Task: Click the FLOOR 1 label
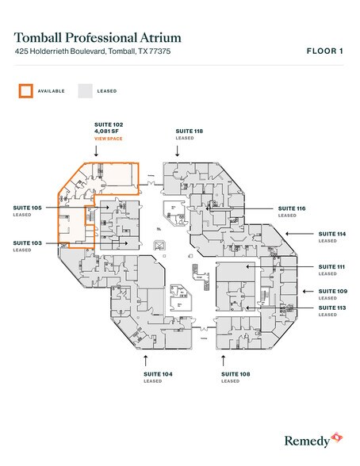[x=324, y=52]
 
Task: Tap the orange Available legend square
[x=26, y=90]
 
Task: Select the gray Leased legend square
[x=84, y=90]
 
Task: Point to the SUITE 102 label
[x=107, y=125]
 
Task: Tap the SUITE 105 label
[x=28, y=208]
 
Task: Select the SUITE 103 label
[x=28, y=243]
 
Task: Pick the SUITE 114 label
[x=331, y=234]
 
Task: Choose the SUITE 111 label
[x=331, y=266]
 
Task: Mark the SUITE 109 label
[x=331, y=291]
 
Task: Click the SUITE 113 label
[x=331, y=307]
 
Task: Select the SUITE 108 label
[x=236, y=373]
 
